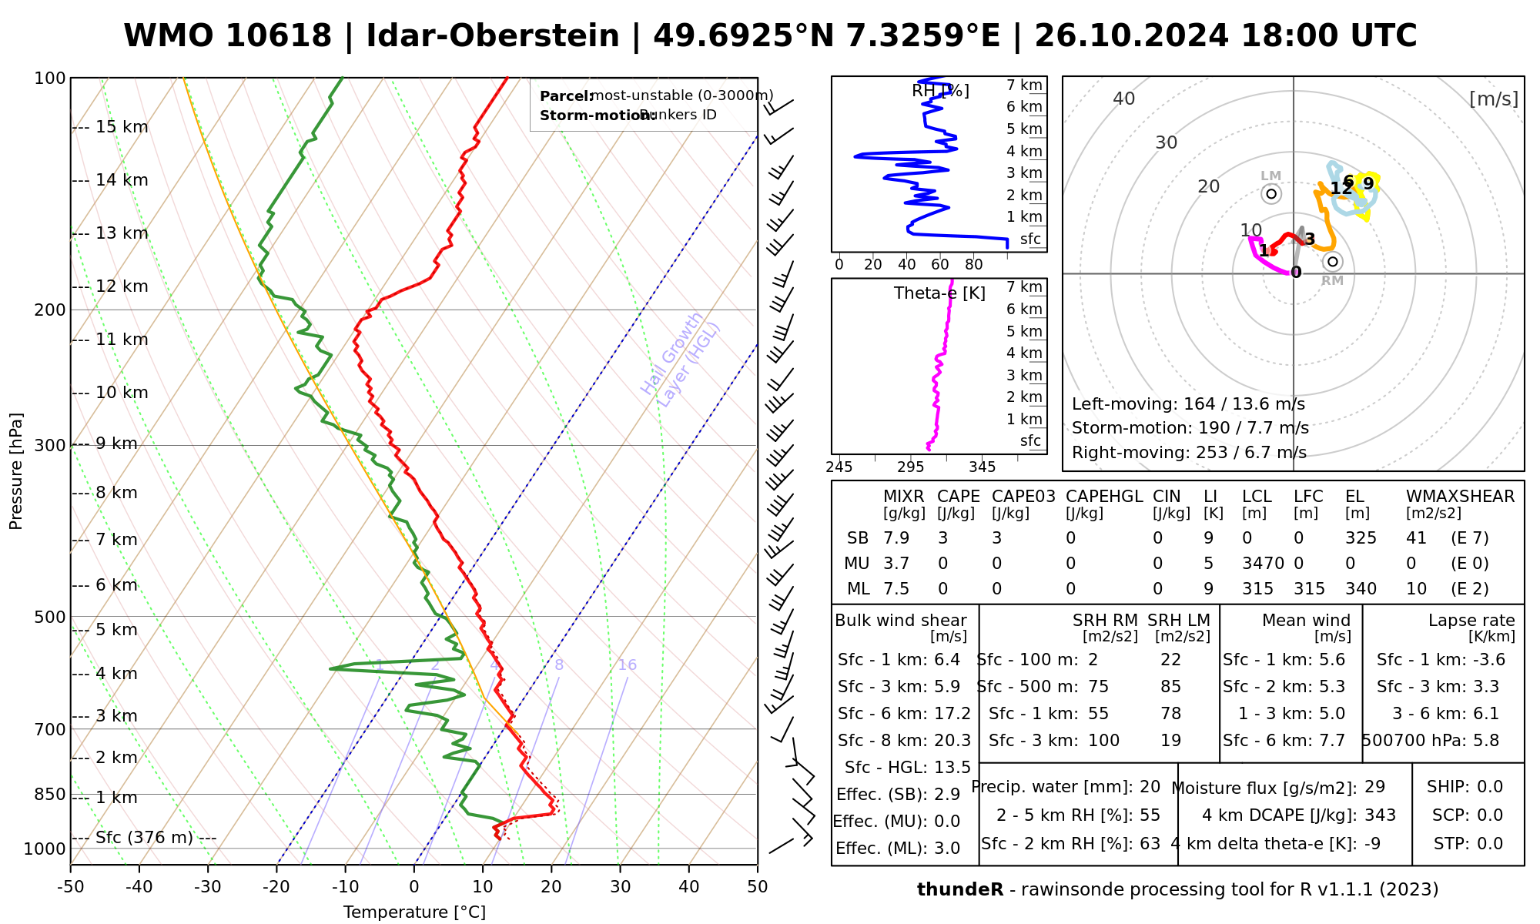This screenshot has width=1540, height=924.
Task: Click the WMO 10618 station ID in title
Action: click(x=227, y=36)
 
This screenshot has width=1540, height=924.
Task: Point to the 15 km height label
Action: click(x=122, y=127)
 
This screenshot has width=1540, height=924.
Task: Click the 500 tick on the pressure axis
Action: click(x=52, y=617)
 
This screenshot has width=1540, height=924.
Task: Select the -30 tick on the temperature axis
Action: click(x=208, y=887)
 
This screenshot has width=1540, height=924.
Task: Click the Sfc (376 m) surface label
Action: click(x=145, y=838)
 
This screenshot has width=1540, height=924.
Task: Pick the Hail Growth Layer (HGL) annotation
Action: click(x=681, y=359)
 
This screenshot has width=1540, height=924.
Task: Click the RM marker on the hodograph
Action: click(x=1333, y=262)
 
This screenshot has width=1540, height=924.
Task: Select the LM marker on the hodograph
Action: click(x=1271, y=194)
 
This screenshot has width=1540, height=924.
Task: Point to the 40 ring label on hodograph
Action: click(x=1124, y=99)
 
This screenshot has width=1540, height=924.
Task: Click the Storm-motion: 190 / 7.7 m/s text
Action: click(x=1190, y=428)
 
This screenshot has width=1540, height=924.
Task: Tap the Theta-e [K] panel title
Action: click(x=939, y=293)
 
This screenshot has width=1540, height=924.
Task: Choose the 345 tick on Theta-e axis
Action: click(x=982, y=467)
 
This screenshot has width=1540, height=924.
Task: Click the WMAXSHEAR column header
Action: click(x=1460, y=497)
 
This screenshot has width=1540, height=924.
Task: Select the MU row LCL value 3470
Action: click(x=1263, y=564)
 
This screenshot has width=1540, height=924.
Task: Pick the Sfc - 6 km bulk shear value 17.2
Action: click(x=951, y=714)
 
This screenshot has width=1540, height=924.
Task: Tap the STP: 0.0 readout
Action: click(x=1468, y=844)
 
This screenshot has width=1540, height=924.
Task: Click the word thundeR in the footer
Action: click(x=959, y=890)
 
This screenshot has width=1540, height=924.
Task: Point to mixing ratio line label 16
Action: click(x=628, y=665)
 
